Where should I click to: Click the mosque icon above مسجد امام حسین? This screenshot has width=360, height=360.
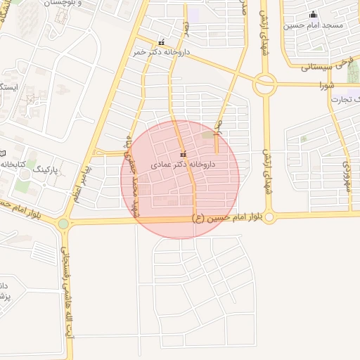(313, 15)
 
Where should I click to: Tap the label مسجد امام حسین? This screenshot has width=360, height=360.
(313, 25)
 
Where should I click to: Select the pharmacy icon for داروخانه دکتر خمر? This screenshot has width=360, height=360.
(162, 42)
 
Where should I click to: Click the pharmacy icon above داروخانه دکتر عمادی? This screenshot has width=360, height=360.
(184, 154)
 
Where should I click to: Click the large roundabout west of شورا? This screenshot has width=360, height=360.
(265, 85)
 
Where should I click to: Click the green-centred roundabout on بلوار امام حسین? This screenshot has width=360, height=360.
(64, 224)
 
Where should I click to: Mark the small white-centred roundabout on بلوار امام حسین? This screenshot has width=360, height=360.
(270, 217)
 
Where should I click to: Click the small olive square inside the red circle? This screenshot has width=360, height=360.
(207, 134)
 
